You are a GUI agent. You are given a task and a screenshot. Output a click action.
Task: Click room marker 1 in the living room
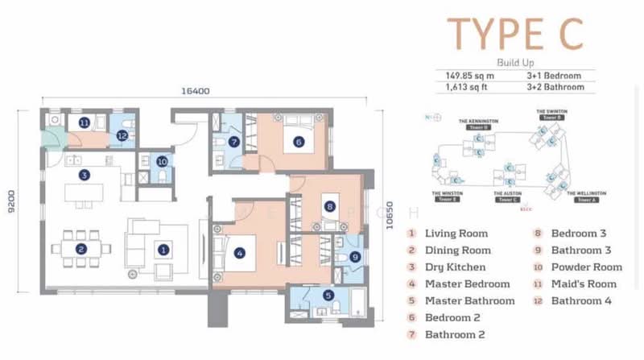163,250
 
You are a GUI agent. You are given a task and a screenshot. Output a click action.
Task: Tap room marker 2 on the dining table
81,250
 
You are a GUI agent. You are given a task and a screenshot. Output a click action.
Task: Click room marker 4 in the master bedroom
239,252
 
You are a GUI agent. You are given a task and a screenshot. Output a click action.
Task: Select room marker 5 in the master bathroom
327,296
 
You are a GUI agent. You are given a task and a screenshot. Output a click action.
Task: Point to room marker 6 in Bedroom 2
298,143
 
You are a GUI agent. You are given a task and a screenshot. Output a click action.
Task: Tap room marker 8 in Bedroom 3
328,206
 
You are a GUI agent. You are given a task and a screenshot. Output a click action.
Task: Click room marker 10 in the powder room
160,160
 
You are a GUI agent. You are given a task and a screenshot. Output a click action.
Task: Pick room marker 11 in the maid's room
84,122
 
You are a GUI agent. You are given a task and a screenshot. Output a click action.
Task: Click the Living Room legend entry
456,234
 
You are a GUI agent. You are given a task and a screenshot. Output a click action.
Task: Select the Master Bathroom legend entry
469,300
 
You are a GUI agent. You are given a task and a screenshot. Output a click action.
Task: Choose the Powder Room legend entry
586,267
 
